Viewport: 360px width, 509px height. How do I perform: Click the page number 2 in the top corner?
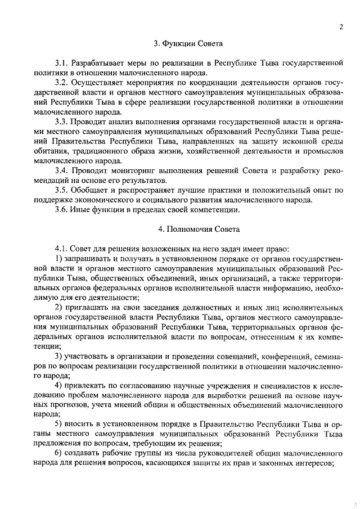click(341, 26)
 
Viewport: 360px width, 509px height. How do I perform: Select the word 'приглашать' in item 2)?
click(89, 308)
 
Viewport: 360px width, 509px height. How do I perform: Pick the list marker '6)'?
click(58, 454)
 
